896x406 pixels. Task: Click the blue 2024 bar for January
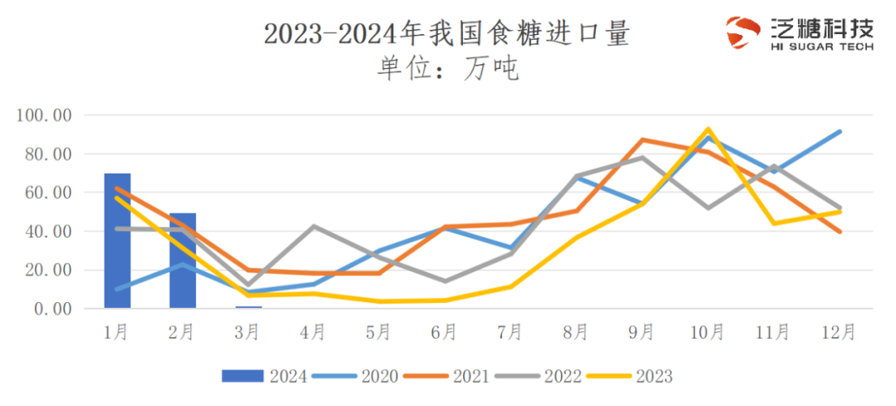coord(117,241)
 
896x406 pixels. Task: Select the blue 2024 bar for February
coord(183,261)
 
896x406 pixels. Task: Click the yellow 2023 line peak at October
coord(708,129)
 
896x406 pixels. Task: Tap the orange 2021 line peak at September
coord(642,139)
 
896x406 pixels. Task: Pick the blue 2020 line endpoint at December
coord(840,131)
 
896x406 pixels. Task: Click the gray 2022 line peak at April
coord(314,226)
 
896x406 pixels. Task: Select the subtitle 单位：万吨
coord(448,69)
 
